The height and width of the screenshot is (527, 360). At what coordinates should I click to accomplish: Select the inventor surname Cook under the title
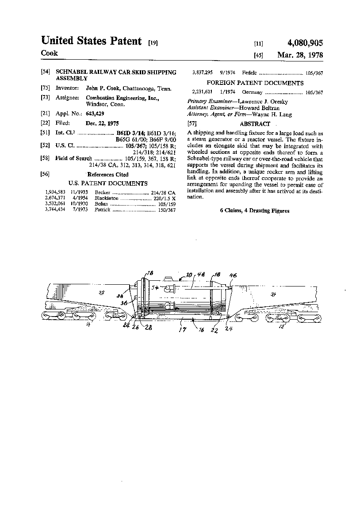(49, 53)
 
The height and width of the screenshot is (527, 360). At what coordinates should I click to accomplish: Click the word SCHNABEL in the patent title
(72, 72)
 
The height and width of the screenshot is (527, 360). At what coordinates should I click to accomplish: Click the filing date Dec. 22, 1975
(102, 123)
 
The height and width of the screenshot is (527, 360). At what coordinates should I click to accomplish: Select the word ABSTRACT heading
(255, 124)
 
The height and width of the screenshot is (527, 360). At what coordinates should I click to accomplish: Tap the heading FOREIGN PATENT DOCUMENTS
(255, 83)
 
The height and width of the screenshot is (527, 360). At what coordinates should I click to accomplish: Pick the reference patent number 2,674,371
(54, 199)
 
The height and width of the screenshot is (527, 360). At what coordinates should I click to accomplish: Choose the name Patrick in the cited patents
(102, 210)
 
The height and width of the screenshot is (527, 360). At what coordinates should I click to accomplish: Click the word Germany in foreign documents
(253, 92)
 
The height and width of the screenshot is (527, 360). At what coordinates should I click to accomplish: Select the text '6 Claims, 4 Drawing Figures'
(255, 211)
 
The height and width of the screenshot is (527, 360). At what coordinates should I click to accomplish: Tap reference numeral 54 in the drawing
(155, 288)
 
